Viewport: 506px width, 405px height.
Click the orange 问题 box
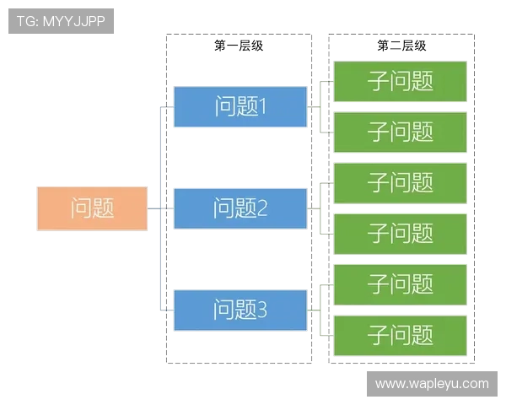click(92, 208)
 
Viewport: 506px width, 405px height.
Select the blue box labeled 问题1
click(240, 106)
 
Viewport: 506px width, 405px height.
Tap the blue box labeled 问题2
click(240, 208)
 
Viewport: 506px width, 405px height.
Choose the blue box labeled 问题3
click(240, 310)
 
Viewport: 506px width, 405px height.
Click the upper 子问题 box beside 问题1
click(401, 81)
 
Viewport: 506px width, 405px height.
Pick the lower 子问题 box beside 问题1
click(401, 132)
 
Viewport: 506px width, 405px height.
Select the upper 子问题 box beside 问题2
click(401, 182)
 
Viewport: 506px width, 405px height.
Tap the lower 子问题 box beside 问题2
click(401, 233)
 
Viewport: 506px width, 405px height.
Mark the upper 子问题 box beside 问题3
click(401, 283)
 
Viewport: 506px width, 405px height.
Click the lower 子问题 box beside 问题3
click(401, 335)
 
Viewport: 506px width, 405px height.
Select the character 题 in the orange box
click(103, 208)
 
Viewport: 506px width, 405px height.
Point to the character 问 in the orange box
click(81, 208)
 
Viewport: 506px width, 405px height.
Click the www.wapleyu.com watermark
click(432, 384)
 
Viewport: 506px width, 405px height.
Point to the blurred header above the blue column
click(239, 47)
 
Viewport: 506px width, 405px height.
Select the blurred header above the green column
click(401, 47)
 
